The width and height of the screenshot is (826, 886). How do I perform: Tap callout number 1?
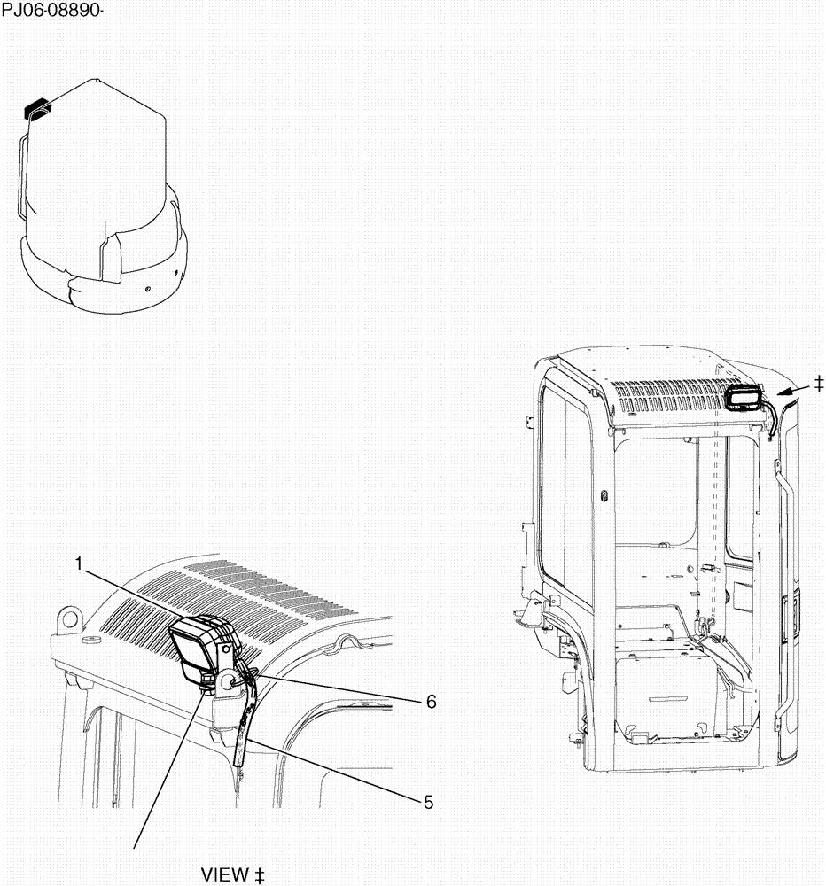tap(79, 563)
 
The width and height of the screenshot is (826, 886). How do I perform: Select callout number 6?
tap(431, 701)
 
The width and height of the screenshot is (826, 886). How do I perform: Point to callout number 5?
tap(428, 803)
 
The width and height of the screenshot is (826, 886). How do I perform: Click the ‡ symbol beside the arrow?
tap(818, 383)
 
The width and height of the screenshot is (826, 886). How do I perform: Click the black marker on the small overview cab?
tap(37, 107)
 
